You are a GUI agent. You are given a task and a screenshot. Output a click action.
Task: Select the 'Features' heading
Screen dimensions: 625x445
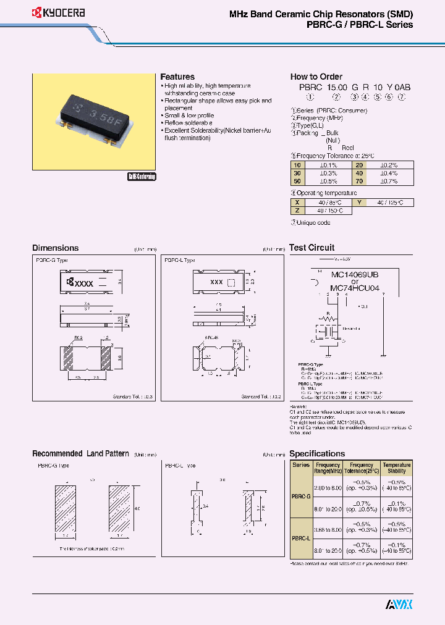point(177,77)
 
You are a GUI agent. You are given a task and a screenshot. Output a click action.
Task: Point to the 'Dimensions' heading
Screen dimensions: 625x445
point(56,248)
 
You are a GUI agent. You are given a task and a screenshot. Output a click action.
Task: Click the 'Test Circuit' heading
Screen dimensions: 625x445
point(311,248)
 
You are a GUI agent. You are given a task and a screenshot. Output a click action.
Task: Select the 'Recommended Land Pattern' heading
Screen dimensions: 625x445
point(80,453)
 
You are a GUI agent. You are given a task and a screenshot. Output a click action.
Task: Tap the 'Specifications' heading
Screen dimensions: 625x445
point(317,453)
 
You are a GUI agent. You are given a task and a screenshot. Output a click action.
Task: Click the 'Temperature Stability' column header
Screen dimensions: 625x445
point(396,468)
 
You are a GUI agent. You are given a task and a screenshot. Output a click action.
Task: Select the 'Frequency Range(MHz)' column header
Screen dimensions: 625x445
point(328,468)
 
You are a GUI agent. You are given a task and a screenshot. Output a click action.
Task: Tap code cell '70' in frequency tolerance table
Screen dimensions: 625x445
point(359,181)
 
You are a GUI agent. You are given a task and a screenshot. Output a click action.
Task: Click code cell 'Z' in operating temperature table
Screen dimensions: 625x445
point(297,211)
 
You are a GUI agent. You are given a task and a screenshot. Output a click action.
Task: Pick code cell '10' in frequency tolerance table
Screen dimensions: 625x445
point(297,165)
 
